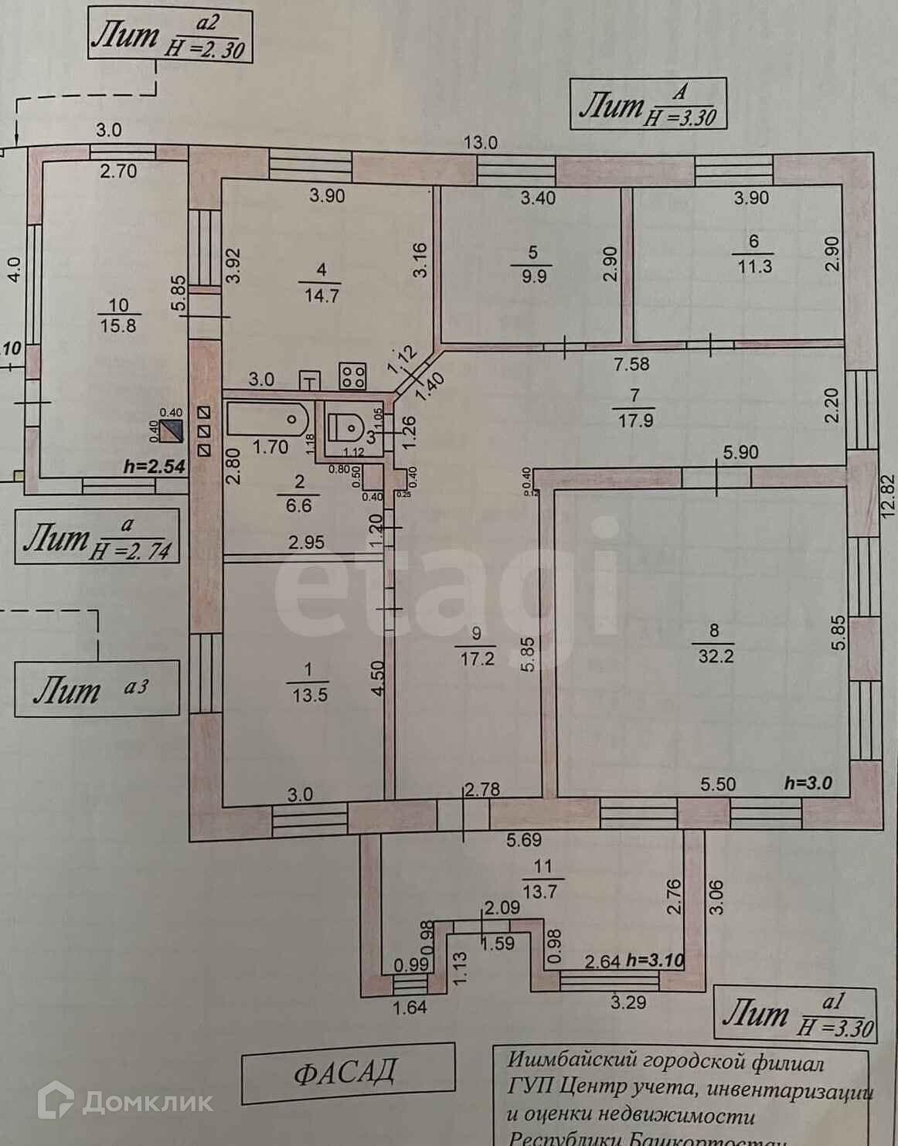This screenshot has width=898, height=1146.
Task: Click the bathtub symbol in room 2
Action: (267, 420)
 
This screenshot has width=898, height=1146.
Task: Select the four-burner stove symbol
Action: (353, 376)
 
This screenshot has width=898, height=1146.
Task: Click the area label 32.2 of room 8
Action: (714, 657)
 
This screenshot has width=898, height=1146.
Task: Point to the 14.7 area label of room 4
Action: (321, 295)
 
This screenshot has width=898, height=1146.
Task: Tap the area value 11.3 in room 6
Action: (753, 267)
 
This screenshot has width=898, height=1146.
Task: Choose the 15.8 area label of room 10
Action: (118, 325)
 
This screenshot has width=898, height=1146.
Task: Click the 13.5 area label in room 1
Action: (309, 695)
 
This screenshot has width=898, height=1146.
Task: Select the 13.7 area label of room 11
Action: (539, 891)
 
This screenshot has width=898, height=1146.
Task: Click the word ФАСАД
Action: (346, 1072)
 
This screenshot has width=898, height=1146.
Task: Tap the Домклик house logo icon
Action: (59, 1100)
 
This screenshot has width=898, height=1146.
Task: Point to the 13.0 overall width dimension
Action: (480, 142)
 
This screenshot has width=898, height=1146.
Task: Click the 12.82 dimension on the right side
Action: (888, 498)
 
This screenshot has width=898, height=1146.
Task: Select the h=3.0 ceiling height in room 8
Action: (808, 783)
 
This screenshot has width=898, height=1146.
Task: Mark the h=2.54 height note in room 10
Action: (155, 467)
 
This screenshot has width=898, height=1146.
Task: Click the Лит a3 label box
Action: (96, 689)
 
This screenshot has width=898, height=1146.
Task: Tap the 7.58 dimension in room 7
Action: (630, 362)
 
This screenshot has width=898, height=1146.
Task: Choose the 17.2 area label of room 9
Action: (477, 658)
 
